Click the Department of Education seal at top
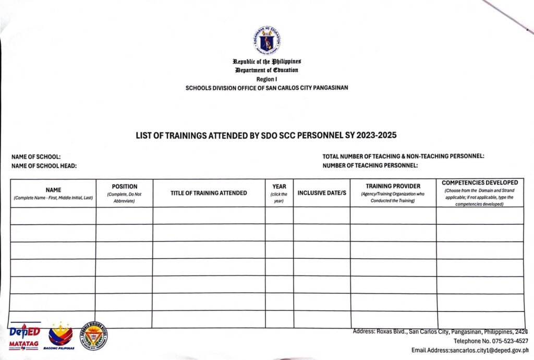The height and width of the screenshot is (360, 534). tap(266, 41)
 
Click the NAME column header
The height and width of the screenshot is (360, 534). tap(53, 190)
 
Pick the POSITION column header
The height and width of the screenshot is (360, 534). tap(125, 186)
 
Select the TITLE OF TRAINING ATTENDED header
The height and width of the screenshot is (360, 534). tap(209, 193)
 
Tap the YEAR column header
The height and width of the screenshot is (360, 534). tap(279, 186)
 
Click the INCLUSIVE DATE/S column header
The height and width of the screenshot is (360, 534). tap(322, 193)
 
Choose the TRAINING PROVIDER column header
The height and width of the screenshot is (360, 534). tap(393, 186)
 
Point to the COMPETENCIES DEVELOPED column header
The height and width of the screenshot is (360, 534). tap(479, 183)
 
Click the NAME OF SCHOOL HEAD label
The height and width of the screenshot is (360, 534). tap(44, 165)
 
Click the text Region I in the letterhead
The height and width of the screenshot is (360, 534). tap(266, 79)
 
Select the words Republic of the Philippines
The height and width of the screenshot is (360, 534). tap(266, 62)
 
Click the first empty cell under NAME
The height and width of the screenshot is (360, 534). tap(53, 215)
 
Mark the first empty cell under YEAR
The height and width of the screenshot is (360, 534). tap(279, 215)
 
